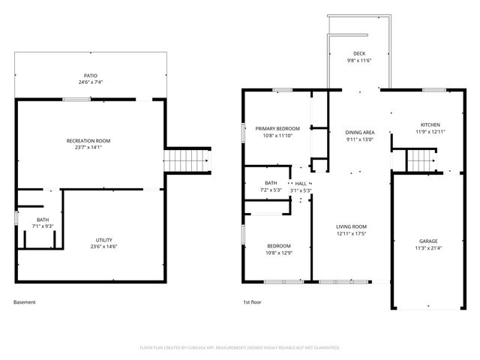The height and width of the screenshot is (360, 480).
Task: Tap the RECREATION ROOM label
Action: pyautogui.click(x=88, y=141)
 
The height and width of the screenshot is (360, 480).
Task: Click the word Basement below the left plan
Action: pyautogui.click(x=25, y=302)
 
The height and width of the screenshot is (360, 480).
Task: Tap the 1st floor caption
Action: pyautogui.click(x=251, y=302)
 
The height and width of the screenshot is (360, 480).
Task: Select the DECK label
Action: pyautogui.click(x=359, y=53)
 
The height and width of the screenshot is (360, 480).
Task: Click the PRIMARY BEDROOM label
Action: pyautogui.click(x=277, y=129)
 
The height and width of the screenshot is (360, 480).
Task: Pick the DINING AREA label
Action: pyautogui.click(x=360, y=133)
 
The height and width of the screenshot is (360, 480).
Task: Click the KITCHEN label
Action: pyautogui.click(x=430, y=124)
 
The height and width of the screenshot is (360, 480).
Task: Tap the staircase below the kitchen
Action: pyautogui.click(x=420, y=160)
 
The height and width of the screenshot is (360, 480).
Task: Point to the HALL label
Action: pyautogui.click(x=301, y=183)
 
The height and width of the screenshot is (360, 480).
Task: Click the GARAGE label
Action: pyautogui.click(x=428, y=241)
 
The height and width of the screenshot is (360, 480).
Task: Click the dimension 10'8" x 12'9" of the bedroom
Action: pyautogui.click(x=279, y=253)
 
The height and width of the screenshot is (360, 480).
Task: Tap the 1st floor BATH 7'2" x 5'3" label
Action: pyautogui.click(x=271, y=190)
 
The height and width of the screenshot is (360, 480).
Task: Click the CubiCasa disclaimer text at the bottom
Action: pyautogui.click(x=240, y=348)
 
